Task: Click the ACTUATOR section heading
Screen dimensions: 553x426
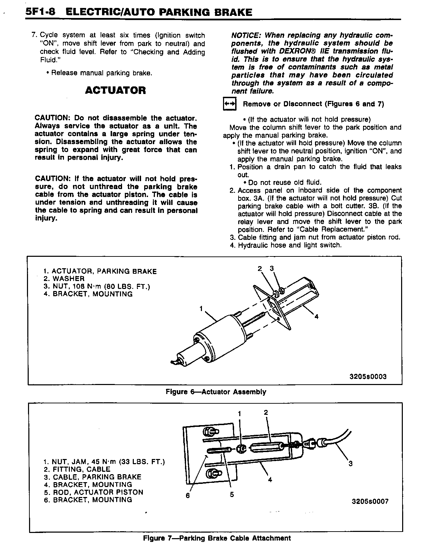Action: pos(115,91)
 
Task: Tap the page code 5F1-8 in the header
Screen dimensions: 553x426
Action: pos(41,12)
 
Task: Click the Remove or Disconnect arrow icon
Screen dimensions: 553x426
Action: pos(230,104)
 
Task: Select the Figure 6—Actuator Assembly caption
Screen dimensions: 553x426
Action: pos(216,392)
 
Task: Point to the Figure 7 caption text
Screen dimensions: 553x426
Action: pos(217,538)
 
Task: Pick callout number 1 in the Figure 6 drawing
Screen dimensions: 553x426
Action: pos(201,308)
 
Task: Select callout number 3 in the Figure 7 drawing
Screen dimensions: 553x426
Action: pos(350,464)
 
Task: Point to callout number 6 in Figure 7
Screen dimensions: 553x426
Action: pos(188,495)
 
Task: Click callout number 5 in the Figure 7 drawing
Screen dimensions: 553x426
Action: pos(232,495)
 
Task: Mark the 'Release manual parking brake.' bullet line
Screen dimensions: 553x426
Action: pos(99,73)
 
